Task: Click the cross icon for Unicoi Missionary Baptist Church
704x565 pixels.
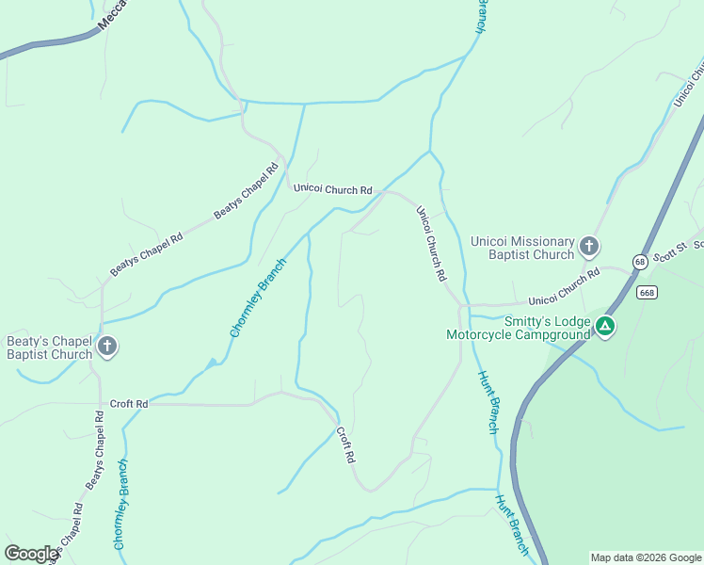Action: (x=589, y=247)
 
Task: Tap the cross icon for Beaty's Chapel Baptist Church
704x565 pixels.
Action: (x=107, y=347)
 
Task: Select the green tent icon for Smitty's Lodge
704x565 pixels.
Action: (x=605, y=327)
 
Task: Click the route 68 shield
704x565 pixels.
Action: (x=640, y=261)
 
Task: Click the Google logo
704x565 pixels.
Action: (x=31, y=554)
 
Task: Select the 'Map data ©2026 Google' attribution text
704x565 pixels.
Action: (x=646, y=557)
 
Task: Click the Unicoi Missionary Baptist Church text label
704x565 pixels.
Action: (x=522, y=248)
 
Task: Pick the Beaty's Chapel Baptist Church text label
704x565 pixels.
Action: (x=49, y=347)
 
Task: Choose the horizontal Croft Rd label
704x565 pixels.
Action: (x=129, y=404)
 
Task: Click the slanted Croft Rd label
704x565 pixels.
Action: (x=345, y=444)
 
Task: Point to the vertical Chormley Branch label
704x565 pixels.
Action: (x=120, y=506)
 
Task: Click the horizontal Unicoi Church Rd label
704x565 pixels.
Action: (x=332, y=189)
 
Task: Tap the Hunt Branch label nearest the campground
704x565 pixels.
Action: (x=487, y=402)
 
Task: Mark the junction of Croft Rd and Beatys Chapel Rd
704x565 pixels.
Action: (x=101, y=405)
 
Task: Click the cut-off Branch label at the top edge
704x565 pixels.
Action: (x=480, y=16)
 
